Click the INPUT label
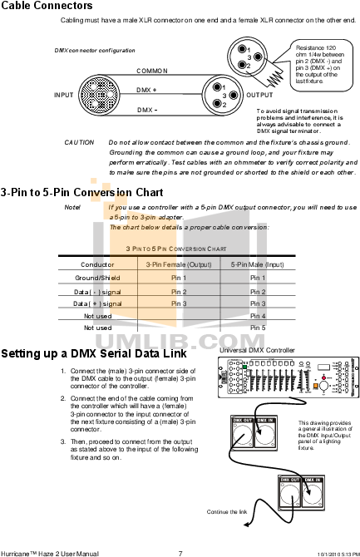point(64,96)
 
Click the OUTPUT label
point(259,96)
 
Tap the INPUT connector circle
point(99,94)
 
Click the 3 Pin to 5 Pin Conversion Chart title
point(175,249)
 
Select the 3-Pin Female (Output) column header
point(179,264)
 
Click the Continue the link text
point(226,511)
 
